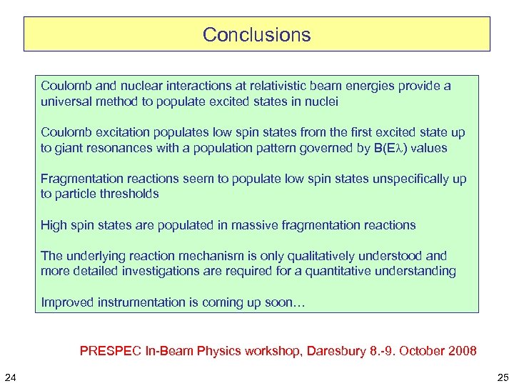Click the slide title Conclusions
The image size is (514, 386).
pos(256,34)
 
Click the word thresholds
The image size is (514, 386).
pos(128,194)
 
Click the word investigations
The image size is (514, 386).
pos(151,271)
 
